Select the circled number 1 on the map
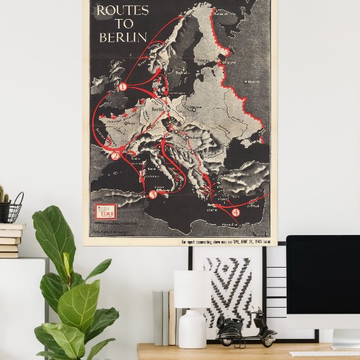tap(123, 87)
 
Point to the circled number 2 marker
tap(115, 156)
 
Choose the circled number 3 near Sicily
tap(153, 195)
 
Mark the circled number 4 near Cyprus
tap(236, 213)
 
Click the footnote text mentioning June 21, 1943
tap(223, 240)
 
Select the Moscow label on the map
tap(253, 81)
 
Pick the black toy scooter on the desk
tap(244, 330)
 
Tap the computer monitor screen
tap(323, 282)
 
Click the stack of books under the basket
tap(10, 240)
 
